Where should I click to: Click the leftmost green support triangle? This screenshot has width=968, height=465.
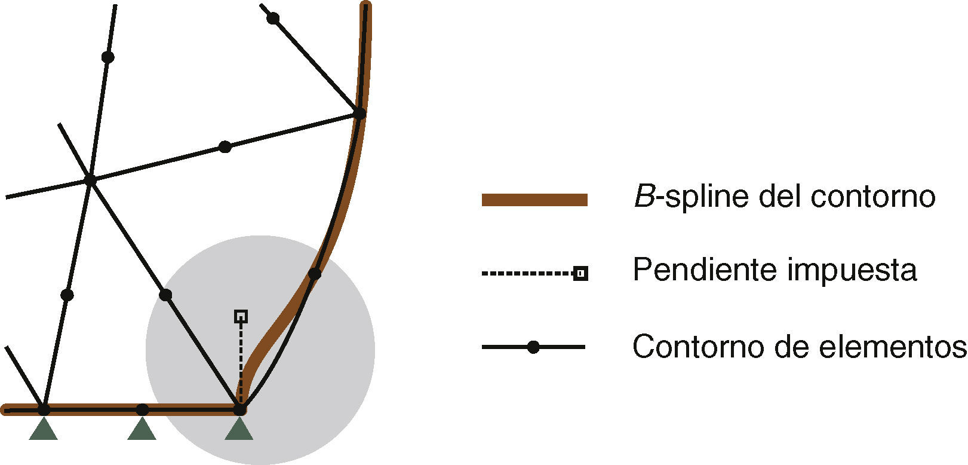pos(44,429)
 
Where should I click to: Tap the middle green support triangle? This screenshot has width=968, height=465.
pos(142,429)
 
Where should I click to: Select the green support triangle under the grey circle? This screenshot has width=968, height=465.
pos(239,429)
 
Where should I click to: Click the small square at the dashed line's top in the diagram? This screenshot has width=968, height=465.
pos(241,316)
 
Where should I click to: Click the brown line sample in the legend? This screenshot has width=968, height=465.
pos(534,200)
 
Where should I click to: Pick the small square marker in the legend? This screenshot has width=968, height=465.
pos(580,274)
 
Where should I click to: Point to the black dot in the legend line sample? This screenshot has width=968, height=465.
pos(533,347)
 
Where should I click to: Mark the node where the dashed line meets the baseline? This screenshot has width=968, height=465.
pos(239,409)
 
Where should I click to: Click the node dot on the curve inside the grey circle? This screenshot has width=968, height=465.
pos(315,274)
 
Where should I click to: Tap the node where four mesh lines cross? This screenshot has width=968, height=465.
pos(90,179)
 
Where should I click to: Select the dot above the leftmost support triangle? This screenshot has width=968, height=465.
pos(44,409)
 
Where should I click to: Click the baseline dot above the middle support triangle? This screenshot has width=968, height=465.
pos(142,409)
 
